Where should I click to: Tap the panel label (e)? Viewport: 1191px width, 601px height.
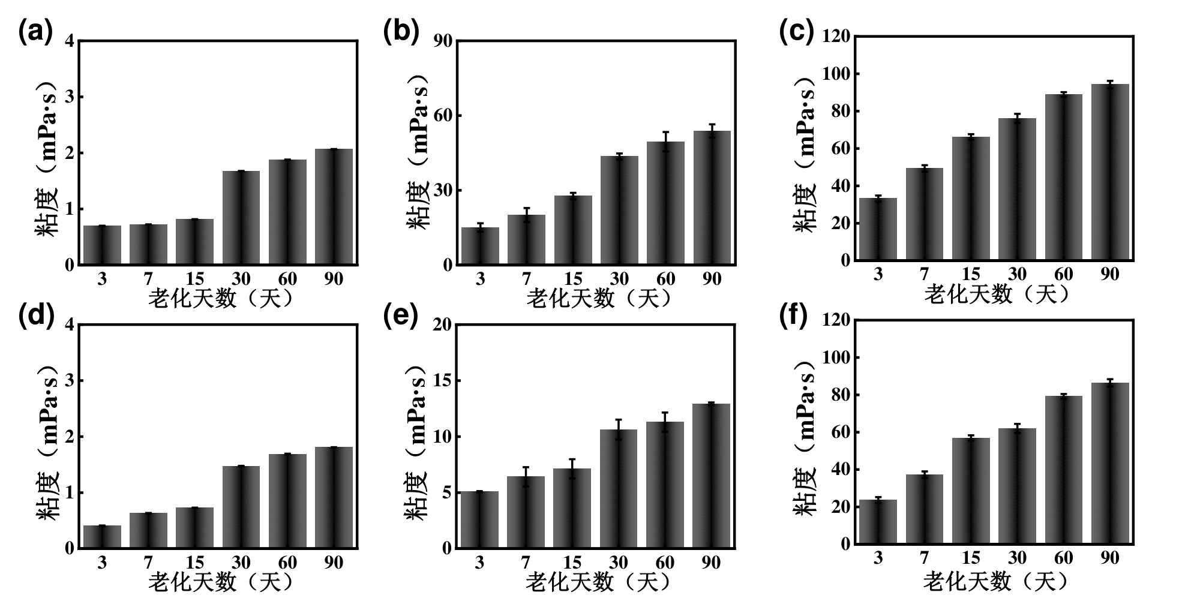(401, 315)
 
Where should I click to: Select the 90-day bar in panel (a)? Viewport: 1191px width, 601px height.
(334, 207)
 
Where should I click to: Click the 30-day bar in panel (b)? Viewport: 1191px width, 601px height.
(619, 210)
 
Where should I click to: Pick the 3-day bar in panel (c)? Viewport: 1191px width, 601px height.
(878, 229)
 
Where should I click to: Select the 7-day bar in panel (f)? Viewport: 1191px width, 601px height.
(925, 509)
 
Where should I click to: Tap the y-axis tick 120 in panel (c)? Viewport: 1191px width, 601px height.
(836, 37)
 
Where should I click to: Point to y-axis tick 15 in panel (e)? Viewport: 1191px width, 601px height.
(443, 381)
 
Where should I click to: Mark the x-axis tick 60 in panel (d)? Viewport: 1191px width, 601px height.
(287, 563)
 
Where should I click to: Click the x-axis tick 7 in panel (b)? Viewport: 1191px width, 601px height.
(527, 279)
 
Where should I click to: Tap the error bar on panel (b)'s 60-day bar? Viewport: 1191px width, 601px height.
(665, 142)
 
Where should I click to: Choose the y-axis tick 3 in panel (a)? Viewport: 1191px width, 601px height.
(70, 97)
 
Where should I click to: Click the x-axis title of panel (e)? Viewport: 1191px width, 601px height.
(598, 582)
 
